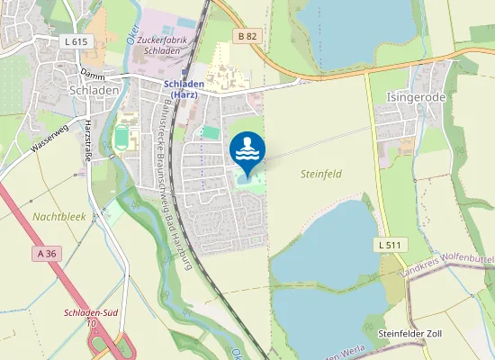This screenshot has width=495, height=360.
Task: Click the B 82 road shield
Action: point(247,36)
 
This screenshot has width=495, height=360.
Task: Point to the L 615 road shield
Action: point(76,41)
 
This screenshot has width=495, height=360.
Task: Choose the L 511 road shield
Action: point(388,245)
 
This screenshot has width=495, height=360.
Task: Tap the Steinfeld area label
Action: point(320,174)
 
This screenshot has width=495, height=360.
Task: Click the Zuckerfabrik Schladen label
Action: point(162,46)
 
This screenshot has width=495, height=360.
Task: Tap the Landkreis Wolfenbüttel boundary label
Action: point(446,265)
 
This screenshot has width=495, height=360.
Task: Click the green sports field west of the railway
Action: point(122,139)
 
